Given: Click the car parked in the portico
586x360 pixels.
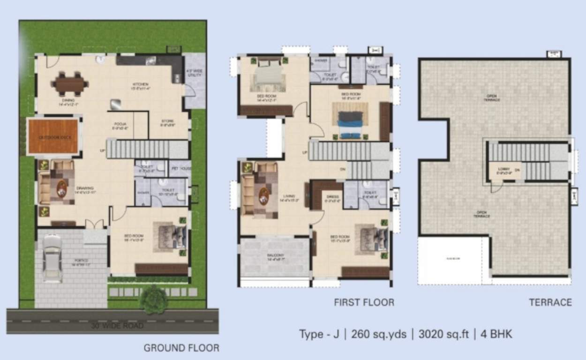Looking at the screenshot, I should pos(52,258).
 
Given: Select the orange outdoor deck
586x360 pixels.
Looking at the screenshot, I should pos(53,136).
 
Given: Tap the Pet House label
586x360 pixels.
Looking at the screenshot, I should pos(180,167).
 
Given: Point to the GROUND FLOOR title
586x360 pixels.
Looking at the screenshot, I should pos(181,348).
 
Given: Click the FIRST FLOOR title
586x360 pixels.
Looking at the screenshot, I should pos(364,302).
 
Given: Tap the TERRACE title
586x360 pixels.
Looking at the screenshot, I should pos(550,302).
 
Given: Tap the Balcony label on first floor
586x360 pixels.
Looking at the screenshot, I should pos(275,255).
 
